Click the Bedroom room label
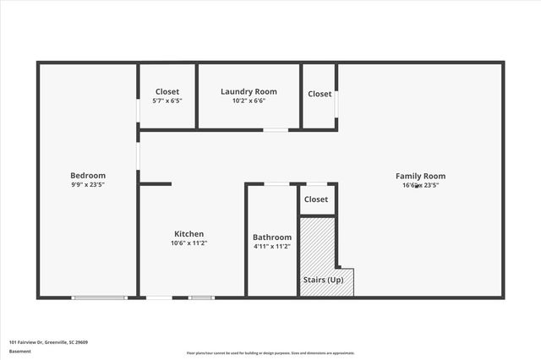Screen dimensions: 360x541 coord(88,176)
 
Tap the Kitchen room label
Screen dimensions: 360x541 coord(189,234)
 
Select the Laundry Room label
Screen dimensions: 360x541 coord(249,91)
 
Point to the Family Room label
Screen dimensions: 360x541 coord(420,176)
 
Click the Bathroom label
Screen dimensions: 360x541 coord(272,237)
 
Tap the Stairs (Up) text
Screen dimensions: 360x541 coord(323,279)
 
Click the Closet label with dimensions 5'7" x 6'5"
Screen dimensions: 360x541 coord(167,91)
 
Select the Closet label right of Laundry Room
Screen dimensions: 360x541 coord(320,94)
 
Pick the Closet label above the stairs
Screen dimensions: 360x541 coord(316,199)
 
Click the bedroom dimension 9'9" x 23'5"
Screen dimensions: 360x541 coord(88,185)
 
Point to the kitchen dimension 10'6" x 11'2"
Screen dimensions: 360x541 coord(189,243)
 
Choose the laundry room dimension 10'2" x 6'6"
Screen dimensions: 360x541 coord(249,101)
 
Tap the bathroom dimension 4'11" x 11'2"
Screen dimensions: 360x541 coord(272,247)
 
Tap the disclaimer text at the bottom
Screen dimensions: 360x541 coord(270,353)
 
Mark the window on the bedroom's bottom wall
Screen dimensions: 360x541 coord(99,297)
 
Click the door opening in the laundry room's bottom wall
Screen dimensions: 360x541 coord(275,130)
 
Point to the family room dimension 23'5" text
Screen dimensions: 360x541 coord(430,185)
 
